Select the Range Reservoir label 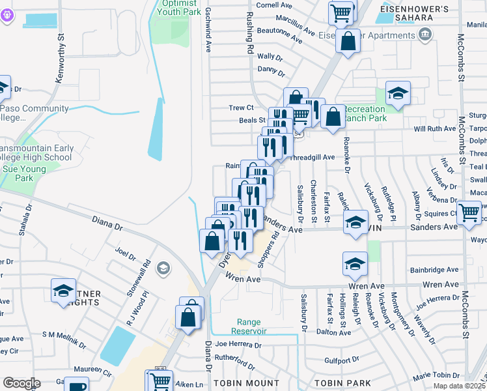click(249, 326)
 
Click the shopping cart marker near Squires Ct click(469, 213)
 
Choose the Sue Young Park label click(24, 173)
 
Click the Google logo click(21, 383)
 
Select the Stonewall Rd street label click(147, 276)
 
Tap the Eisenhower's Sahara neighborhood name click(423, 14)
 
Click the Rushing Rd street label click(249, 33)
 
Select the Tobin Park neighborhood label click(342, 383)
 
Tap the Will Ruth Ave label click(436, 129)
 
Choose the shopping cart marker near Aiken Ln click(160, 380)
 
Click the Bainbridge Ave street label click(434, 270)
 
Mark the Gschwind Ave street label click(208, 31)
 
